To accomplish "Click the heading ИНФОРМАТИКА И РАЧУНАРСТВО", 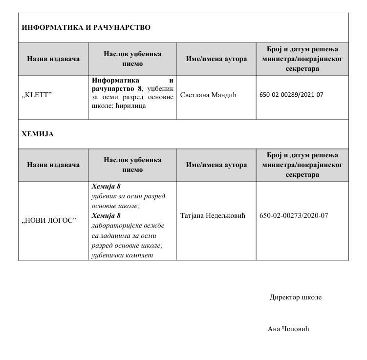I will (86, 27).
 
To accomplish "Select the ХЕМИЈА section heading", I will (38, 133).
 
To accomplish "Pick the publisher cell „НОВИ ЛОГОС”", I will (49, 221).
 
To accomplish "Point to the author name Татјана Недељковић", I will (213, 215).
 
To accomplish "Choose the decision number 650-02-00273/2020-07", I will (294, 215).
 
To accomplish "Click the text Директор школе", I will (295, 297).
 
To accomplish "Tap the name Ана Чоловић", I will (288, 329).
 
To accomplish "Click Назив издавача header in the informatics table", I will (53, 59).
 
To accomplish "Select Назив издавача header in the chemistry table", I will (53, 165).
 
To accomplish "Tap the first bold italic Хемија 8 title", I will (106, 186).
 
